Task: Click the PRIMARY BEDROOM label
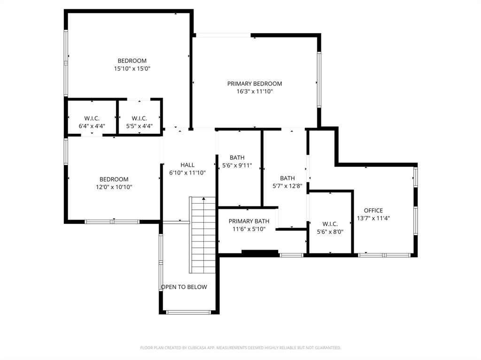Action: [255, 84]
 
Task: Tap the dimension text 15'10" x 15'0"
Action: [132, 69]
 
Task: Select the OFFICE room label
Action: [373, 210]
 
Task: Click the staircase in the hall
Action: [203, 235]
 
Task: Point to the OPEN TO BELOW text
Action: [184, 287]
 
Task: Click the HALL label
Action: [187, 165]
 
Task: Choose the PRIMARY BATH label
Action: [249, 221]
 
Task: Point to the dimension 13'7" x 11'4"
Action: [373, 218]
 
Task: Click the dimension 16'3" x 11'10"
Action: [255, 92]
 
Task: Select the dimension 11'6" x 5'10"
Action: [249, 229]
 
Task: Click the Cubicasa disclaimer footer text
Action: [240, 348]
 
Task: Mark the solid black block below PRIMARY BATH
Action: [260, 253]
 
